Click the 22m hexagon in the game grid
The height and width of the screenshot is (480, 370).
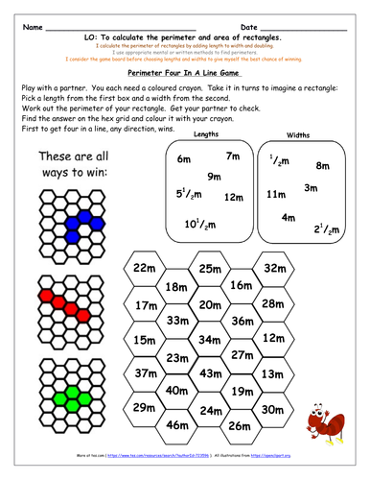(145, 268)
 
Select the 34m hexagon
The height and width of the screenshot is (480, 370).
(209, 339)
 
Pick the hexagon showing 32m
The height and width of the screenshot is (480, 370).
(275, 267)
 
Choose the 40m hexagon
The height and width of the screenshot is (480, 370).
(177, 391)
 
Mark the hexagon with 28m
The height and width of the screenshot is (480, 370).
(274, 303)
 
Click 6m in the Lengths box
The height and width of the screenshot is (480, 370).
(186, 159)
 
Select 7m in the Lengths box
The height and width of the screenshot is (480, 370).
(232, 156)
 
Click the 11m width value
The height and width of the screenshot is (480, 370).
(276, 195)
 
